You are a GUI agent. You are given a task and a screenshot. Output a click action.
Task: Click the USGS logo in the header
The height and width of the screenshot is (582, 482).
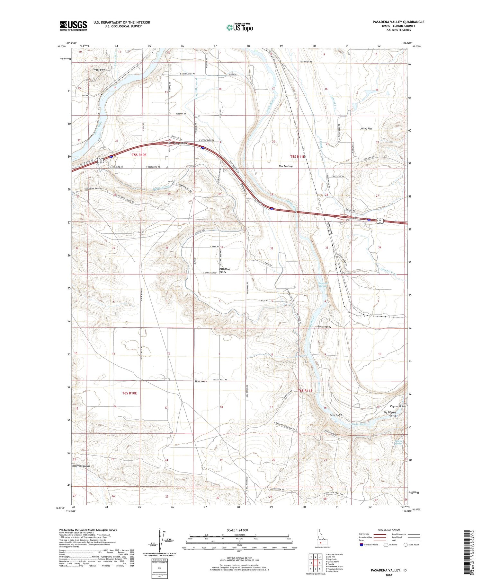coord(73,26)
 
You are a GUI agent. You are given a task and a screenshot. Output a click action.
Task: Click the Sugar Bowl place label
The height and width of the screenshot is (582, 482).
coord(99,70)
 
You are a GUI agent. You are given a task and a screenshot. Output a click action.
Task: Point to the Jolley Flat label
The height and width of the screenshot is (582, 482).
coord(366,129)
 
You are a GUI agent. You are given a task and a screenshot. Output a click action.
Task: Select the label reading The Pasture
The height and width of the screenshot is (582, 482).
coord(286,166)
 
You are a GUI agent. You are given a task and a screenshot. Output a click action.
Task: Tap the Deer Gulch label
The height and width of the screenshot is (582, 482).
coord(336,415)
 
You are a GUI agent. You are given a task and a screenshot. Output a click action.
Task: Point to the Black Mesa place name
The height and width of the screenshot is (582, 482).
coord(201,381)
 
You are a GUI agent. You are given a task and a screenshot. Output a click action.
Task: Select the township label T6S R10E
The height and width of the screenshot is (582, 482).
coord(129,393)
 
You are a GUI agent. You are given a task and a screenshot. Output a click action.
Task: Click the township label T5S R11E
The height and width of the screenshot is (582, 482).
coord(298,157)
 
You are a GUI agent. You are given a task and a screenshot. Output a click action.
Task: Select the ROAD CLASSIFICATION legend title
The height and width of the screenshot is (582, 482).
coord(389,530)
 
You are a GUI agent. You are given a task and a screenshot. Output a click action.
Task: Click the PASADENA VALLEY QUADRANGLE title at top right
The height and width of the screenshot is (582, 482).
coord(394,22)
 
